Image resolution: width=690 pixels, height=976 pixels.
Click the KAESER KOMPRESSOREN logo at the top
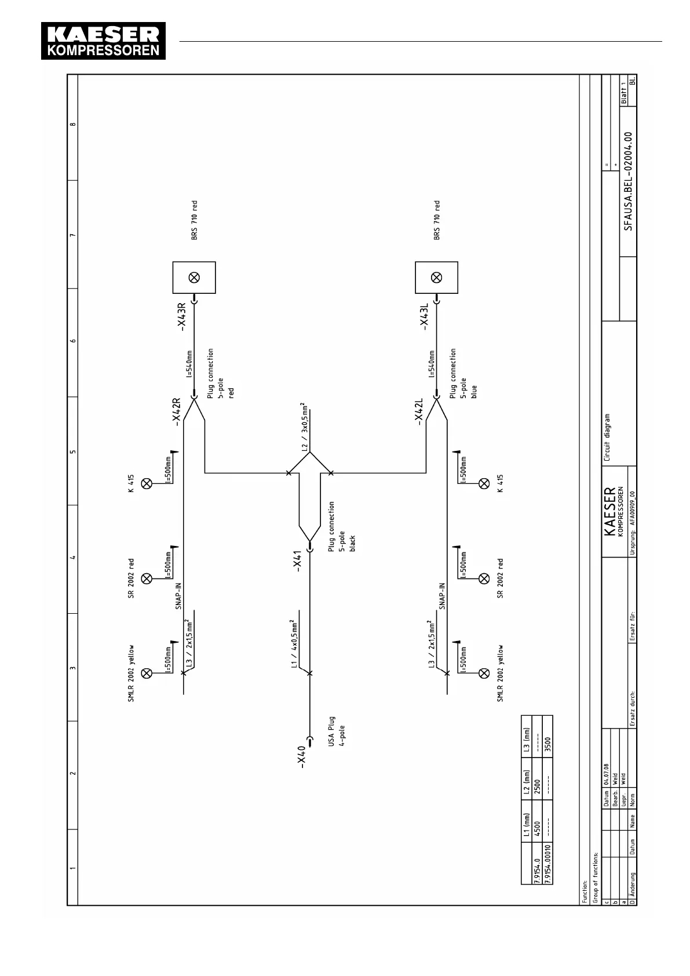(103, 41)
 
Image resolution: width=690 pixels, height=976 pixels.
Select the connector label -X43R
(181, 317)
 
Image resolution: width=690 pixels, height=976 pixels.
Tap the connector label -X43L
(425, 317)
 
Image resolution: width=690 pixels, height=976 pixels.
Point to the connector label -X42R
(177, 412)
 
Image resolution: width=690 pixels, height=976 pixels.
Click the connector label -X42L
(419, 412)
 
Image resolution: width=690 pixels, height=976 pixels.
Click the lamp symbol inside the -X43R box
(195, 278)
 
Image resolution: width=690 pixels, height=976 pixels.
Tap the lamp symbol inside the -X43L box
(437, 278)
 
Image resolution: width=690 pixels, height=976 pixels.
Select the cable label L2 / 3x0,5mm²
(305, 428)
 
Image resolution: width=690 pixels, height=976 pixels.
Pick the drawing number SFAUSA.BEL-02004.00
(628, 181)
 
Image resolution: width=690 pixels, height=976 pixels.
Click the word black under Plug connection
(352, 543)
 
